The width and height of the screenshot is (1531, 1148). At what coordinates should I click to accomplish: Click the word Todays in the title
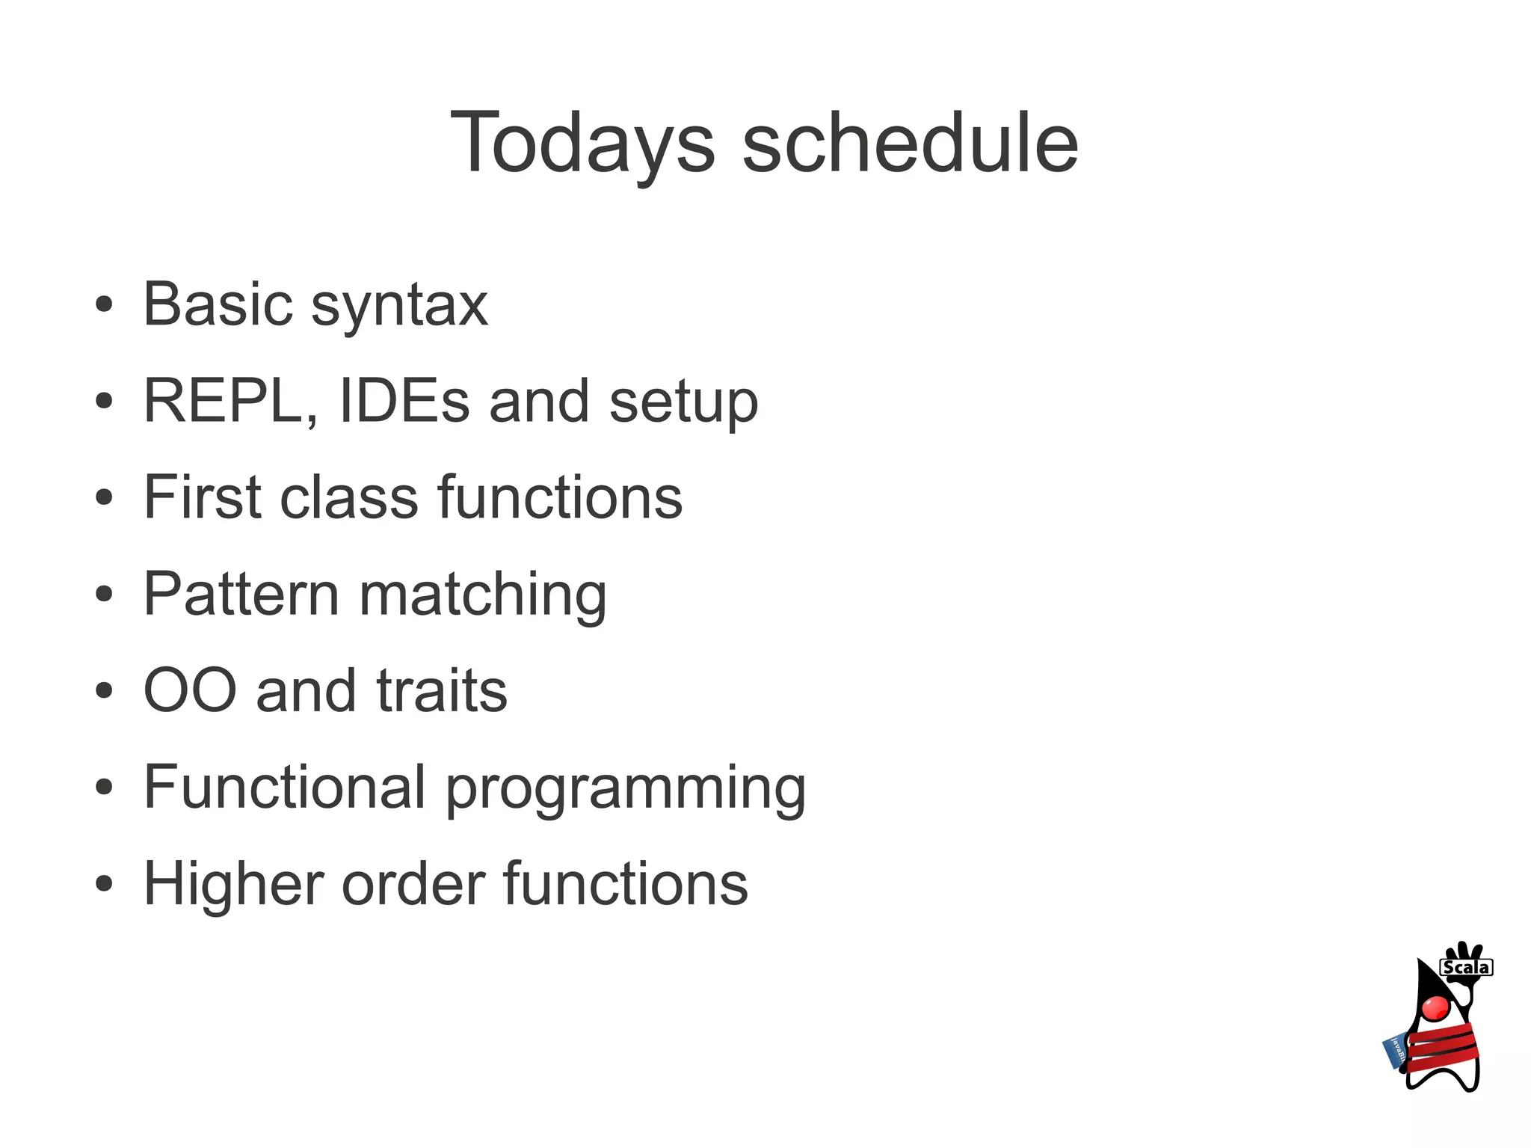point(582,144)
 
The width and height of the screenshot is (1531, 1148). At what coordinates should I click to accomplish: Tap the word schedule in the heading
point(910,144)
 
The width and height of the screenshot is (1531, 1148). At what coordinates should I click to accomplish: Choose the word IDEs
point(404,402)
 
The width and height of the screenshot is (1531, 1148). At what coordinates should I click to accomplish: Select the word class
point(348,497)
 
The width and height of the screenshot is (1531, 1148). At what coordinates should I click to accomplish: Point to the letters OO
point(190,690)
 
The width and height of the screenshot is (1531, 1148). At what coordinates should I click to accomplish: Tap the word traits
point(442,690)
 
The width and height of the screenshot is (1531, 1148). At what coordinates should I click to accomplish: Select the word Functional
point(285,787)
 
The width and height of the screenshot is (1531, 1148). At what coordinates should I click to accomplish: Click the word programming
point(626,790)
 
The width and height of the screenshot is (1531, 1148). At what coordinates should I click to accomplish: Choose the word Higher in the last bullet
point(232,883)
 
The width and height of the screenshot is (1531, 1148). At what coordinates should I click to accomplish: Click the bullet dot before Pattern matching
point(105,595)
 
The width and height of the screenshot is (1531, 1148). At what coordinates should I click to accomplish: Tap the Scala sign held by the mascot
point(1466,968)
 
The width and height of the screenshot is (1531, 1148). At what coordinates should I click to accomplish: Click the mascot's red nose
point(1435,1007)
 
